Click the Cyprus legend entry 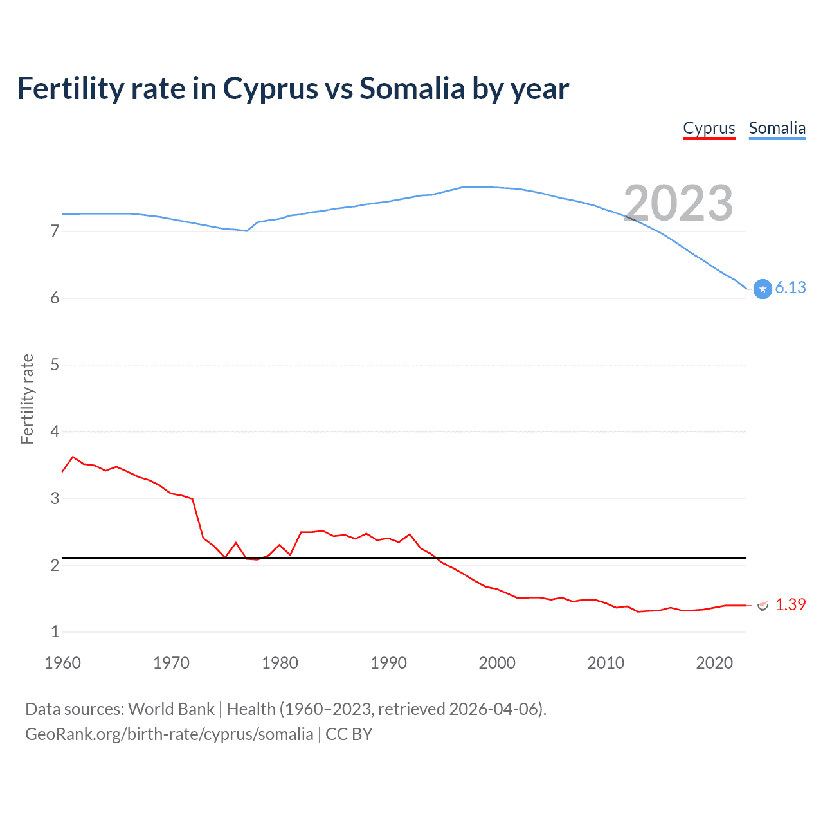pyautogui.click(x=709, y=128)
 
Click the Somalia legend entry pyautogui.click(x=777, y=128)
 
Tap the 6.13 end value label pyautogui.click(x=790, y=287)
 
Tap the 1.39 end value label pyautogui.click(x=790, y=604)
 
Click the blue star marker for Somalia pyautogui.click(x=763, y=289)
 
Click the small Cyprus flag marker pyautogui.click(x=763, y=605)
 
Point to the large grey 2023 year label pyautogui.click(x=678, y=203)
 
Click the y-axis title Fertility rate pyautogui.click(x=27, y=399)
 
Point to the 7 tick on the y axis pyautogui.click(x=55, y=231)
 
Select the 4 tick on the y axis pyautogui.click(x=55, y=431)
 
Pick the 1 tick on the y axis pyautogui.click(x=55, y=631)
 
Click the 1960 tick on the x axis pyautogui.click(x=62, y=663)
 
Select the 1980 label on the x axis pyautogui.click(x=280, y=663)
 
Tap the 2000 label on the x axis pyautogui.click(x=497, y=663)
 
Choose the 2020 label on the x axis pyautogui.click(x=714, y=663)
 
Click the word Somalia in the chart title pyautogui.click(x=411, y=89)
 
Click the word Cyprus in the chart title pyautogui.click(x=270, y=89)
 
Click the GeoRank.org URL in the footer pyautogui.click(x=169, y=734)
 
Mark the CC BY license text pyautogui.click(x=349, y=734)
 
